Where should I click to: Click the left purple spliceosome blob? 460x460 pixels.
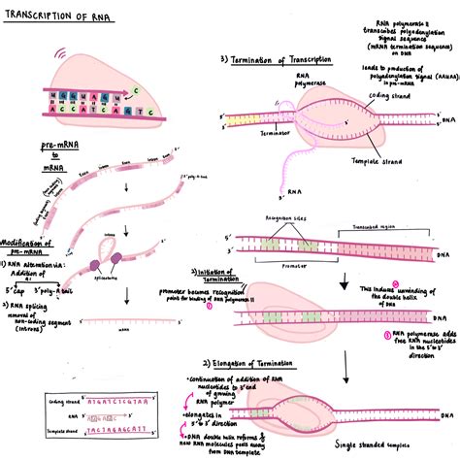point(97,263)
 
